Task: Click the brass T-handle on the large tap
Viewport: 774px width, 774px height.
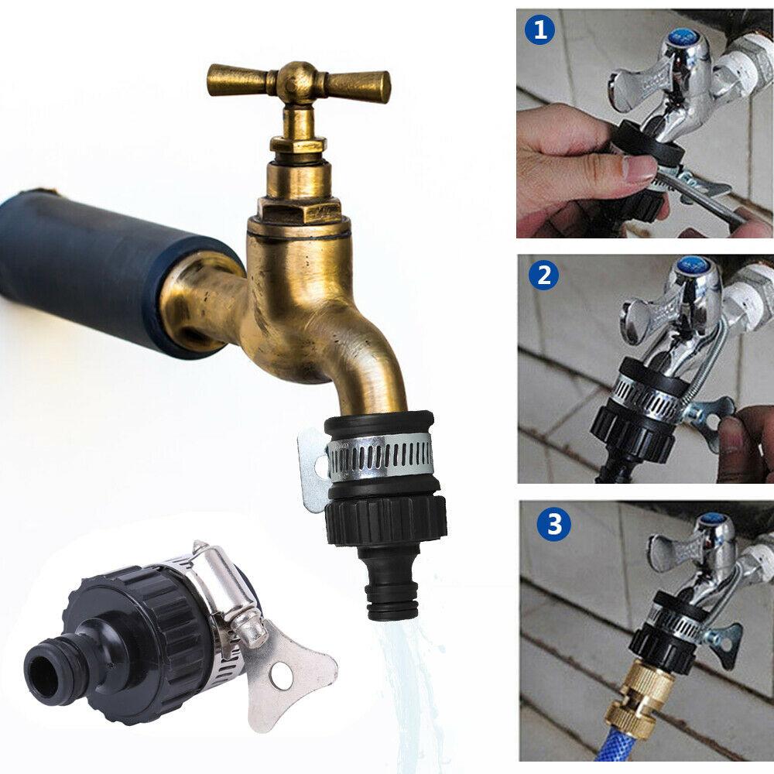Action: click(x=298, y=80)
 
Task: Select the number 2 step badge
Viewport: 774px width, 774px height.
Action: click(x=543, y=276)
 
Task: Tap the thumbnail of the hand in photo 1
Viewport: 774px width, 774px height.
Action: click(x=639, y=168)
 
